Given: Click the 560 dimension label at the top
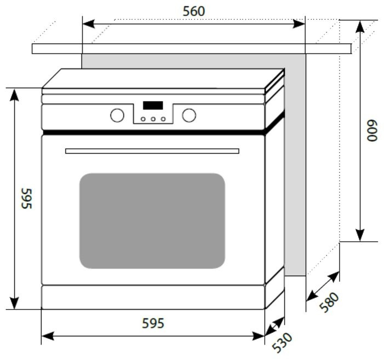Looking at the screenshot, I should (193, 11).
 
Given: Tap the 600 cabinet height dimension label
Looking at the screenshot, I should (372, 131).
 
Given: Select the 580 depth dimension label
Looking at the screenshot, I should (330, 303).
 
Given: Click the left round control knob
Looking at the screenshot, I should (117, 115).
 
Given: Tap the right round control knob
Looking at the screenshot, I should (189, 115).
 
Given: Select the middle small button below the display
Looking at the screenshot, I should (153, 119).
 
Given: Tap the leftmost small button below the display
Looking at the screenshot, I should (143, 119).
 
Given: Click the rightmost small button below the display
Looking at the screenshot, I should (163, 119).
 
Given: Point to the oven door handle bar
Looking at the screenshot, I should (152, 150).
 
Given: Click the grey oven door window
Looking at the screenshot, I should (152, 220).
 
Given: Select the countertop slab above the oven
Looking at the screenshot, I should (192, 49).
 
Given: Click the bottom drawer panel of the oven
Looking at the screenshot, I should (153, 297).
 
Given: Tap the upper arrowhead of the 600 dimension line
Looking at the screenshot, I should (360, 26).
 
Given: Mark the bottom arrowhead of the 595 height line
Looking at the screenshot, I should (14, 303).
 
